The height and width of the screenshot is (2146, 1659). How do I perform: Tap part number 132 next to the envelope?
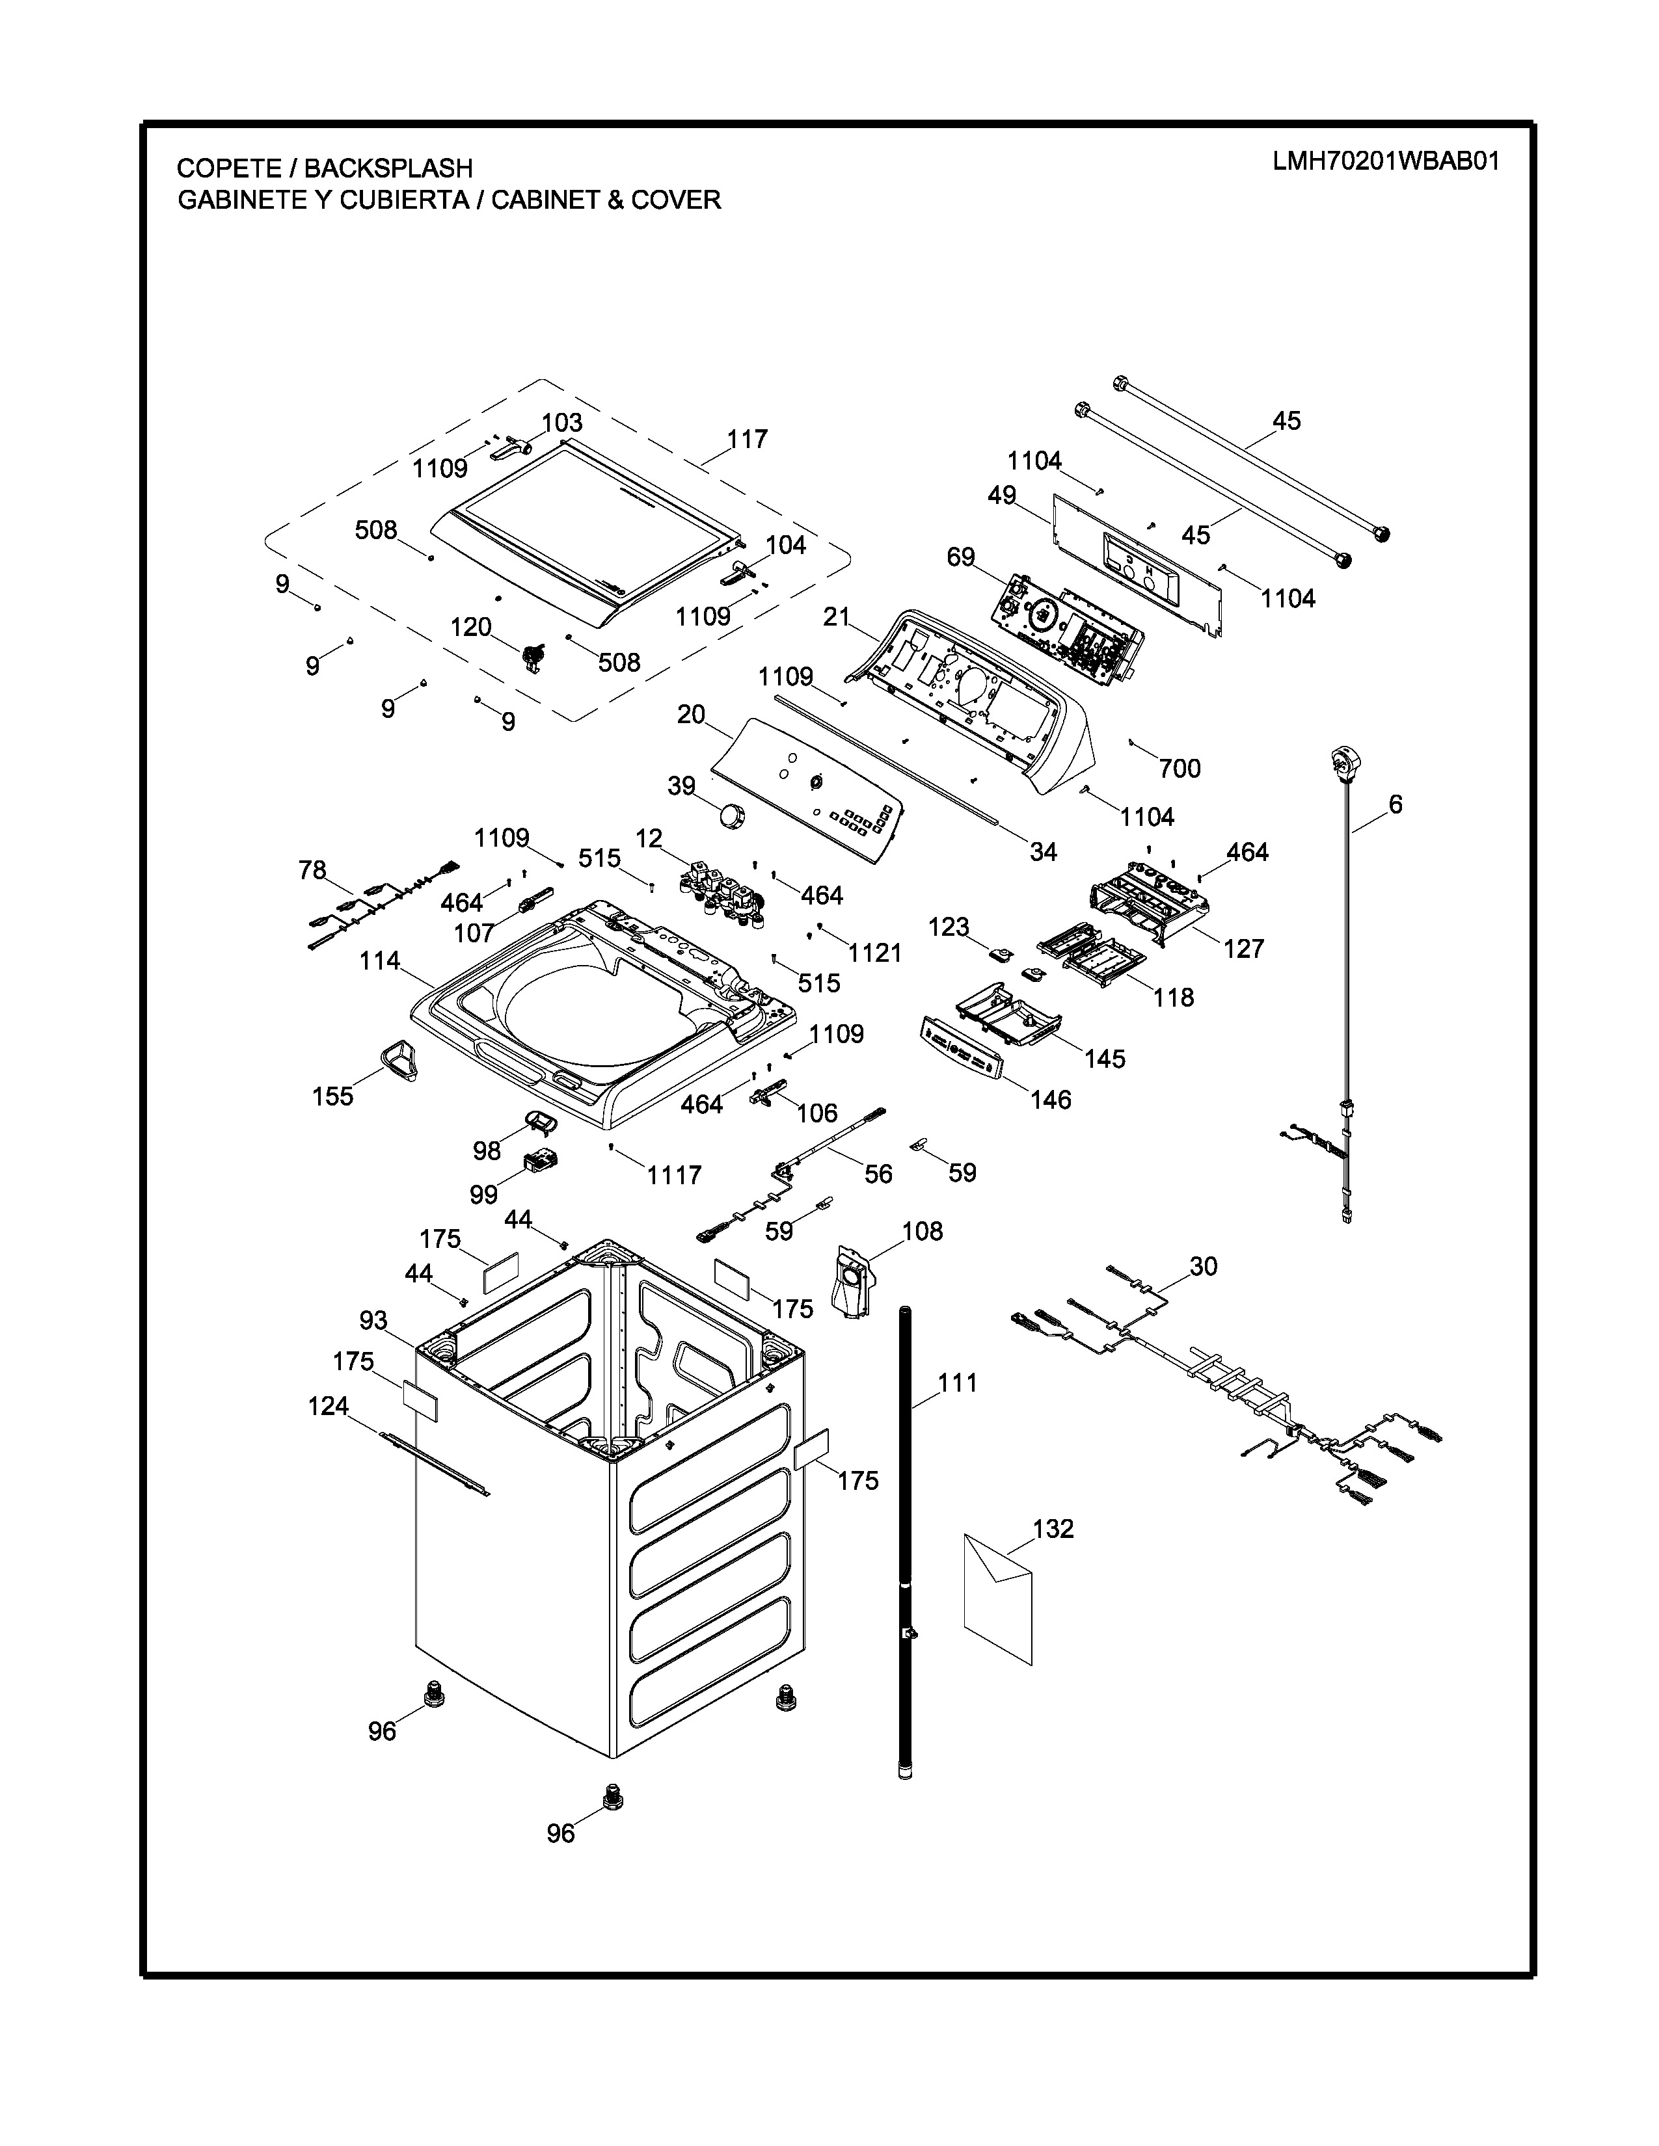click(x=1053, y=1528)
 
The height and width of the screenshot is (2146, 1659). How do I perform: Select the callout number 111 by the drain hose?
click(x=957, y=1383)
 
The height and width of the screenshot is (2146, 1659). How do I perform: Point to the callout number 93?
click(x=373, y=1321)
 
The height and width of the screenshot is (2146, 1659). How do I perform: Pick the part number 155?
click(x=332, y=1096)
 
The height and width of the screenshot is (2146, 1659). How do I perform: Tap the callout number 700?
click(x=1180, y=769)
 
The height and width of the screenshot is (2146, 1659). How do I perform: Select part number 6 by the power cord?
click(x=1396, y=805)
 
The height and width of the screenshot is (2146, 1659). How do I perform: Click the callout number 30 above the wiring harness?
click(x=1203, y=1267)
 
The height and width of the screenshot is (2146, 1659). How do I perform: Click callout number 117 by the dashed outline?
click(x=747, y=439)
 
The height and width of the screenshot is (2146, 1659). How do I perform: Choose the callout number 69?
click(x=960, y=557)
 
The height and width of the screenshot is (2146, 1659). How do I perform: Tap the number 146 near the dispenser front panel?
click(x=1051, y=1100)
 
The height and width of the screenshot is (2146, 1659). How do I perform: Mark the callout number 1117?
click(x=674, y=1174)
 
